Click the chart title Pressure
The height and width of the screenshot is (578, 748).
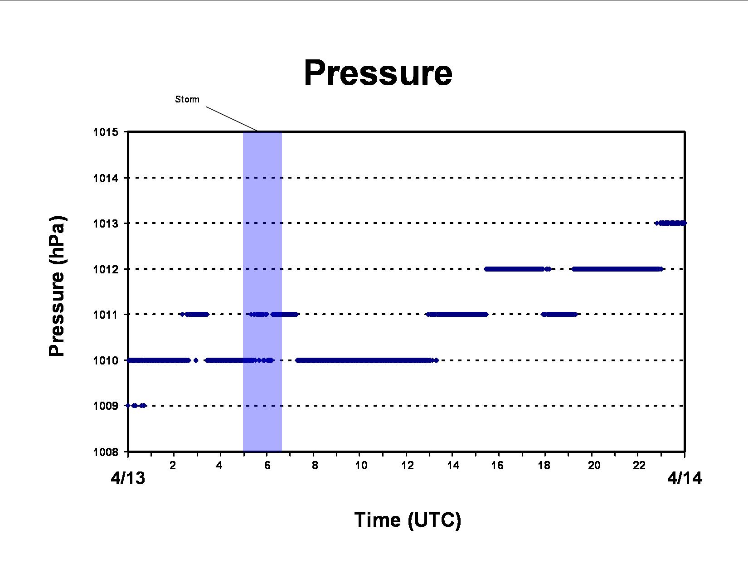pyautogui.click(x=378, y=73)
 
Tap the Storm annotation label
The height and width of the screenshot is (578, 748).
pyautogui.click(x=187, y=99)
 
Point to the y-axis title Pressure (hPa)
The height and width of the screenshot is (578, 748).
pyautogui.click(x=57, y=286)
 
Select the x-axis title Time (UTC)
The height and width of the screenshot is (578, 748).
pyautogui.click(x=408, y=520)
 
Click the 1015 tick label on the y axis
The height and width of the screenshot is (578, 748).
pyautogui.click(x=105, y=132)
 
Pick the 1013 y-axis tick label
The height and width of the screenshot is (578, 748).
pyautogui.click(x=105, y=223)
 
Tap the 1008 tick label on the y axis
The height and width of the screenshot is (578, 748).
pyautogui.click(x=105, y=452)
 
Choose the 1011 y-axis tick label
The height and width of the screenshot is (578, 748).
pyautogui.click(x=105, y=315)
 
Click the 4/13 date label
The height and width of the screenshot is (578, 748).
pyautogui.click(x=128, y=478)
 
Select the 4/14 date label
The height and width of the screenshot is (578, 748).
pyautogui.click(x=685, y=478)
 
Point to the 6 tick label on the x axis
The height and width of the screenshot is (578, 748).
pyautogui.click(x=267, y=466)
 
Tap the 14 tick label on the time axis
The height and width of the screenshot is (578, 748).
pyautogui.click(x=453, y=466)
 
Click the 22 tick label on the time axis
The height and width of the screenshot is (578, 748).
pyautogui.click(x=639, y=466)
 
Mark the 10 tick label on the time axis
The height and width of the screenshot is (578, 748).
pyautogui.click(x=361, y=466)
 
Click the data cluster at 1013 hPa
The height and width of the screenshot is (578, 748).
pyautogui.click(x=670, y=223)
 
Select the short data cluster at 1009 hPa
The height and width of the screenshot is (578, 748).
pyautogui.click(x=136, y=406)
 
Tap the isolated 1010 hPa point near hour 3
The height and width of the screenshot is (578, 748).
pyautogui.click(x=196, y=360)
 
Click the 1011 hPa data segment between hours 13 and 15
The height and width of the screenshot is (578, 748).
pyautogui.click(x=457, y=314)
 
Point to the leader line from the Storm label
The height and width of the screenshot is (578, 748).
pyautogui.click(x=232, y=119)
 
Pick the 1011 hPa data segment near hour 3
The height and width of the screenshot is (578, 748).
pyautogui.click(x=195, y=314)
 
